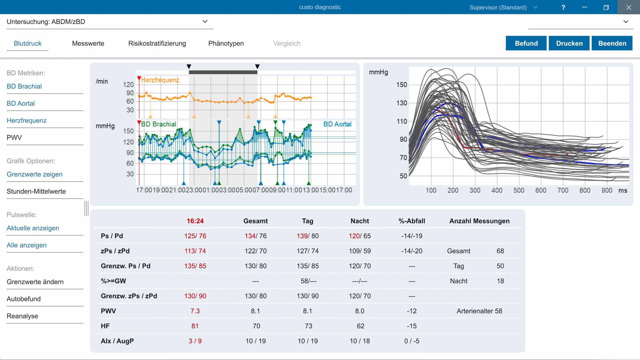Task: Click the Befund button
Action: [526, 43]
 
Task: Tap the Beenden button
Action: [612, 43]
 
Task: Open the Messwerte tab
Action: [88, 43]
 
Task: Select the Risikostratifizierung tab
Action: [157, 43]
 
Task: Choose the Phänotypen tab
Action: [226, 43]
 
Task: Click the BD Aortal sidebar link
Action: [21, 103]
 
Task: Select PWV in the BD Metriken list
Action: [14, 137]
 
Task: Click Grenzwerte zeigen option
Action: [35, 174]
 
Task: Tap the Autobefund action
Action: [24, 299]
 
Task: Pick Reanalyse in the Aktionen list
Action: [22, 316]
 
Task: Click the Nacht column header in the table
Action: [360, 221]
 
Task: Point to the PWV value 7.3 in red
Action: [195, 311]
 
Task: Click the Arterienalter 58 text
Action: [479, 311]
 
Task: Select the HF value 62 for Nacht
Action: [360, 326]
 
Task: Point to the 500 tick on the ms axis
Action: [519, 190]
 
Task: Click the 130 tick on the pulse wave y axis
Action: [402, 103]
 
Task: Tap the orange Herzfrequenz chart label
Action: [160, 80]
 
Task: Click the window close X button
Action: [629, 7]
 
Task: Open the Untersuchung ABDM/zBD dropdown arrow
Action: [205, 22]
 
